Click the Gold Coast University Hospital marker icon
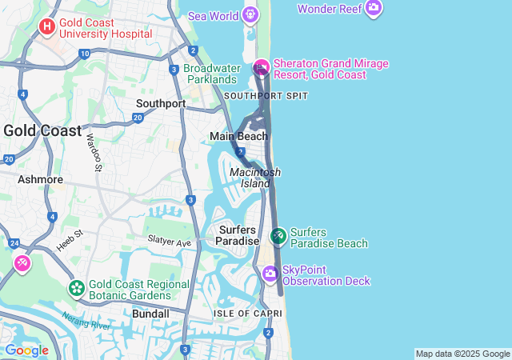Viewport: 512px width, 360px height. (x=47, y=26)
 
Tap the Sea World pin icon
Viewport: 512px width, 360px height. (x=250, y=14)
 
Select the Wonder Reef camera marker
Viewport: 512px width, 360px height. (x=373, y=9)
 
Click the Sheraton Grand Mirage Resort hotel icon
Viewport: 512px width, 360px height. (x=261, y=68)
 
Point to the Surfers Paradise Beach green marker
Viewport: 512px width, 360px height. (x=278, y=236)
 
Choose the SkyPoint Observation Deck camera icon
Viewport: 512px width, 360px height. (x=270, y=274)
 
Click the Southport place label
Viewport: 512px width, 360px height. (x=160, y=103)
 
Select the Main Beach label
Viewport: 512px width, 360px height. (x=238, y=136)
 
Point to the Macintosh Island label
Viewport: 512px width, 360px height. (x=255, y=178)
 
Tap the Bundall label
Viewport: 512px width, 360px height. (x=150, y=314)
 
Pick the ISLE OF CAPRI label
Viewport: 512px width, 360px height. (x=246, y=313)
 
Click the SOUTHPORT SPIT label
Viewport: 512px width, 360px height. (x=266, y=95)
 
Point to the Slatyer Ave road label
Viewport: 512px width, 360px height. (x=169, y=242)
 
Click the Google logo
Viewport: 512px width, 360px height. (x=26, y=350)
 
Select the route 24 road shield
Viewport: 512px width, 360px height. (x=14, y=242)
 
